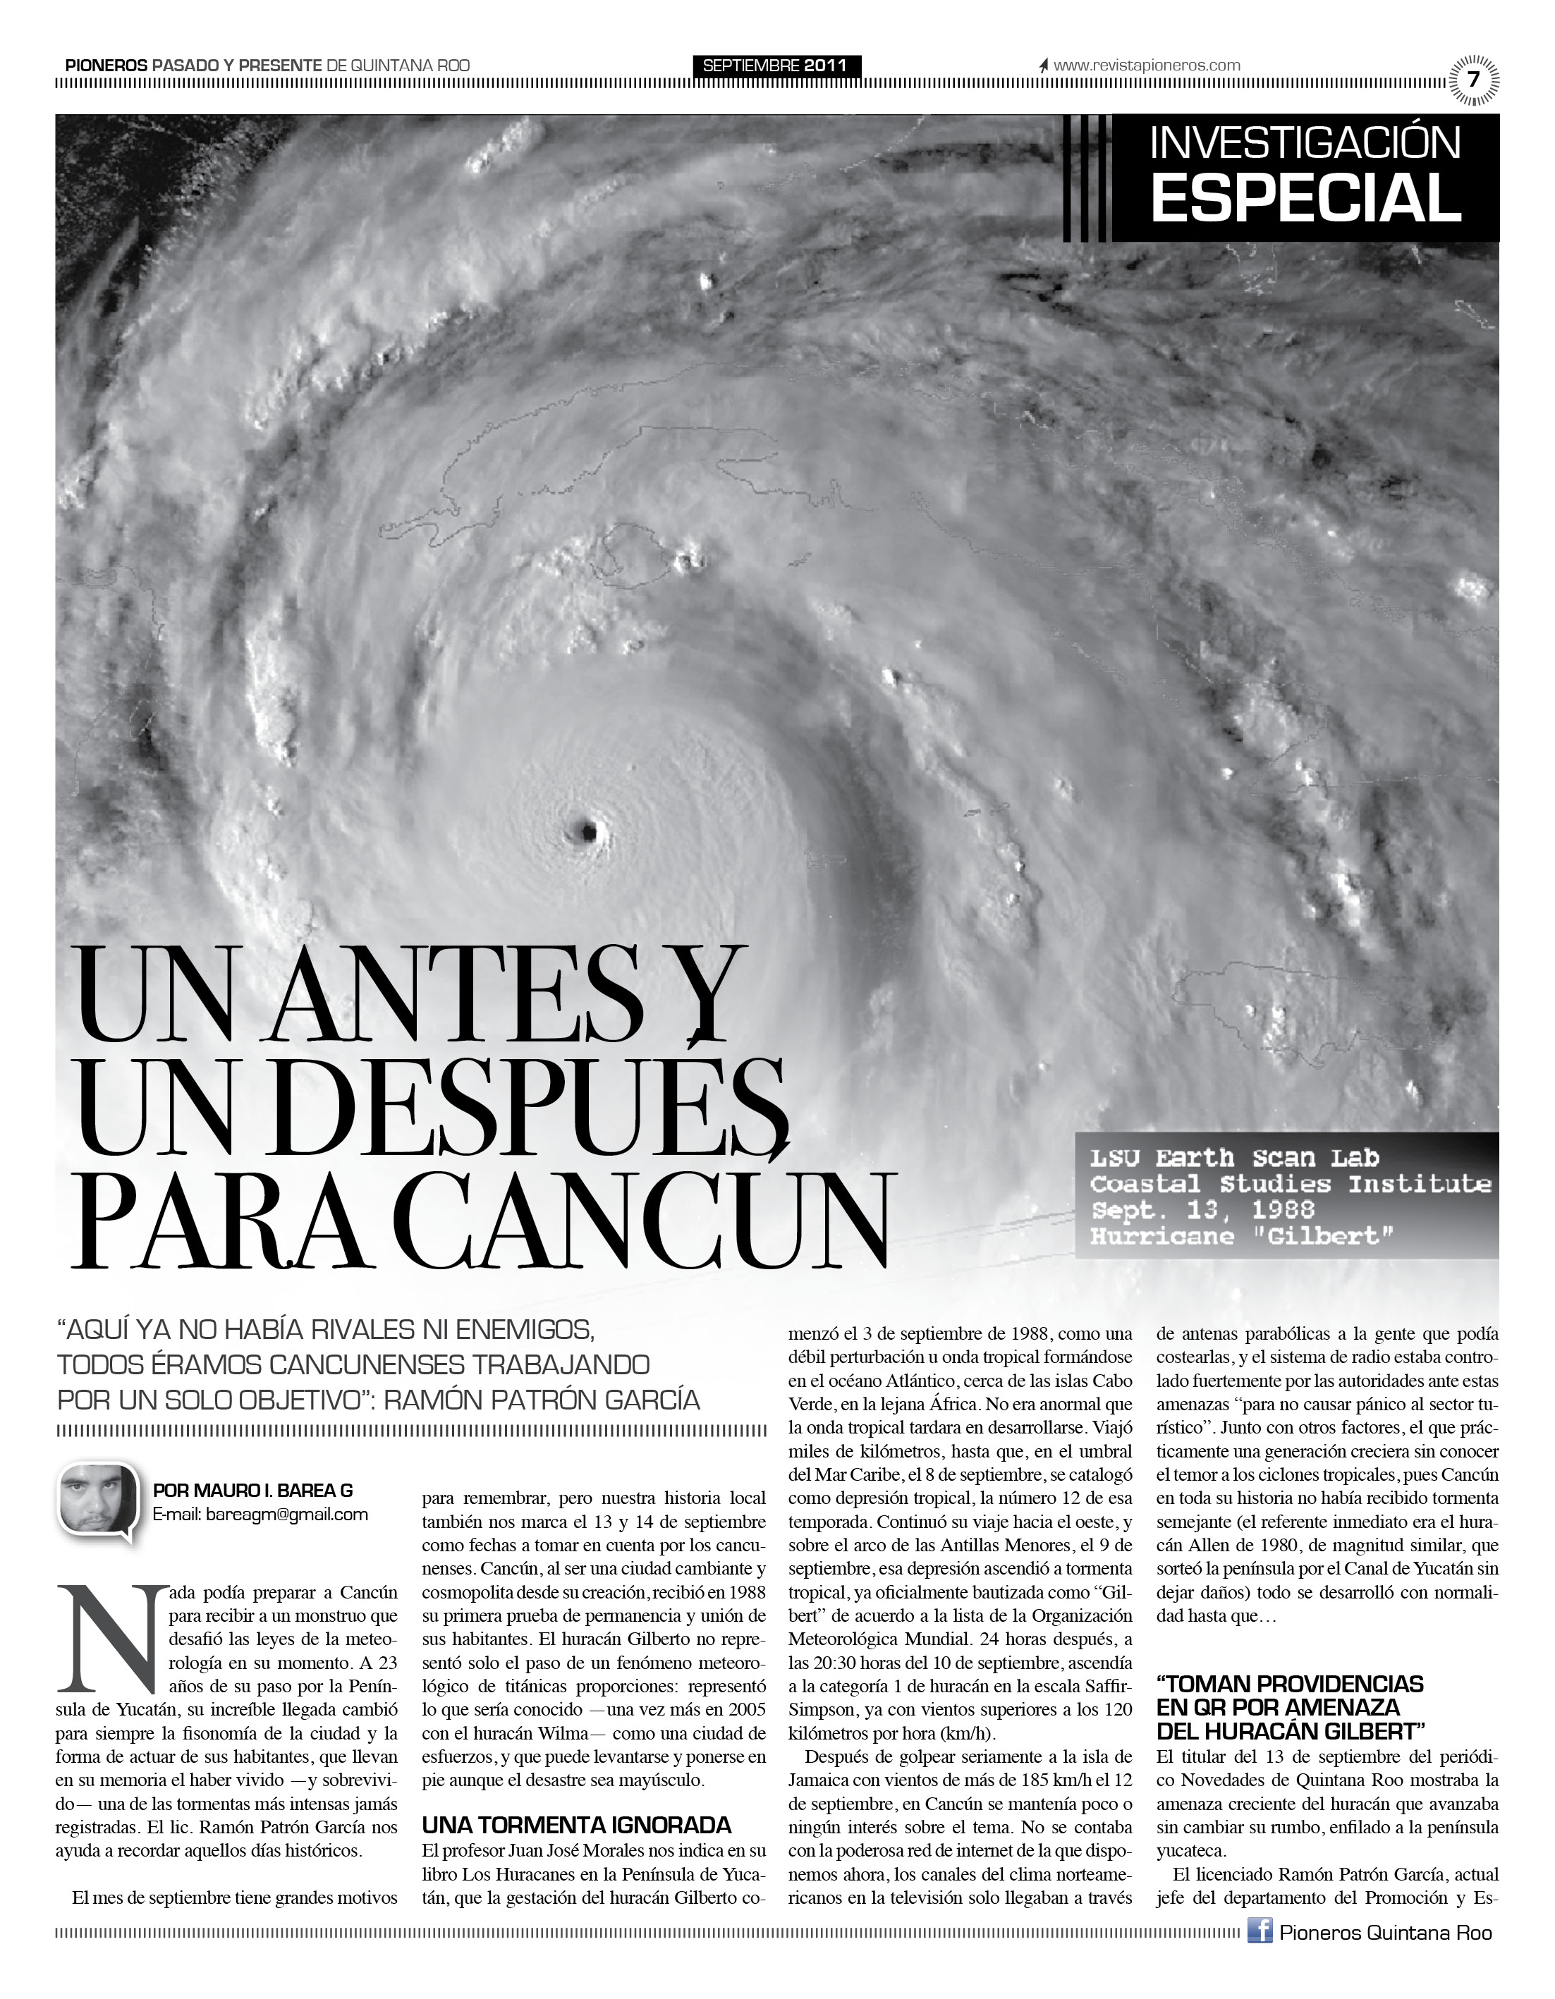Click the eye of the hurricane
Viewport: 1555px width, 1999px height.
click(584, 831)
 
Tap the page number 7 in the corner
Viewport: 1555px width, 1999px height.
click(1472, 80)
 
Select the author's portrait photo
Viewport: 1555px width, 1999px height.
click(99, 1502)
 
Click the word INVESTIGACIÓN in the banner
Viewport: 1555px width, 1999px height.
click(1305, 144)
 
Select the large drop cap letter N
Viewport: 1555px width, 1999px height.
click(108, 1639)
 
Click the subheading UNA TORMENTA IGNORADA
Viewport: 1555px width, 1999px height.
click(577, 1825)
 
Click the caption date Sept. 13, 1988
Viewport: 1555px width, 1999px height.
click(1201, 1210)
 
